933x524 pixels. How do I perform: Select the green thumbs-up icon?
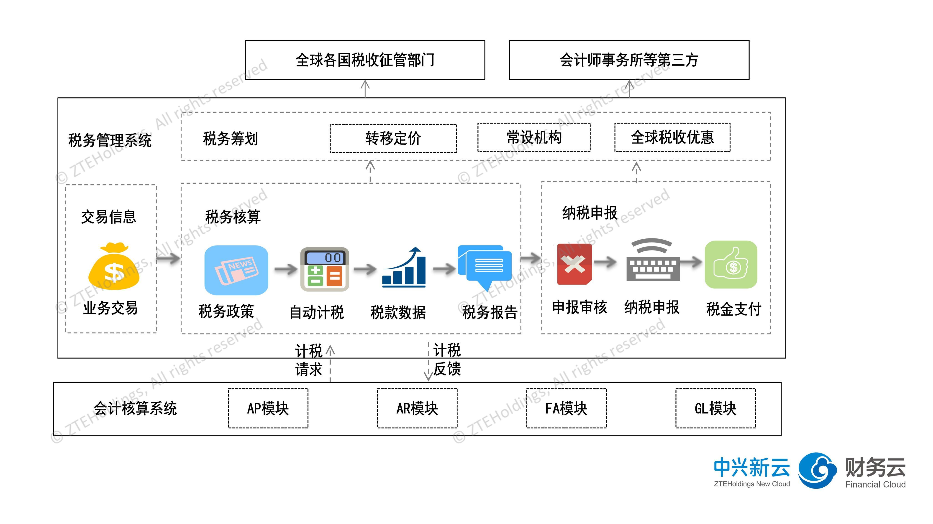pyautogui.click(x=731, y=265)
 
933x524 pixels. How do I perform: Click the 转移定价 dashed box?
pyautogui.click(x=393, y=138)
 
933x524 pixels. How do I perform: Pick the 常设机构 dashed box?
pyautogui.click(x=534, y=137)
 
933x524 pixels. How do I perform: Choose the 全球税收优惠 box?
pyautogui.click(x=672, y=137)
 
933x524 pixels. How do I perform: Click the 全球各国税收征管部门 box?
pyautogui.click(x=365, y=60)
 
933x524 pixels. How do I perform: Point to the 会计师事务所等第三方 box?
pyautogui.click(x=629, y=60)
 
